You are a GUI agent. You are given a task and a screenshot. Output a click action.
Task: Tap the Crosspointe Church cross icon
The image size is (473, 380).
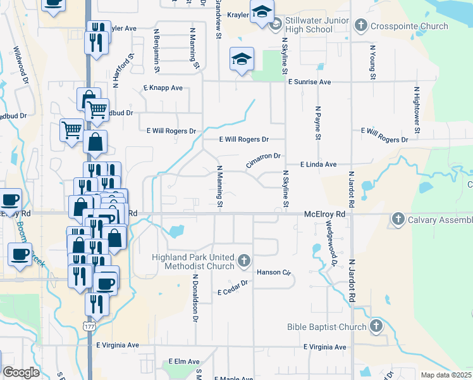click(x=360, y=26)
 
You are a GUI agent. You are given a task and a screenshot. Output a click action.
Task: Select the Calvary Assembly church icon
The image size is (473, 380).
click(x=398, y=219)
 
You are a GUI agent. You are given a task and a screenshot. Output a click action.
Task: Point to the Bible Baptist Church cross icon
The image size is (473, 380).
click(x=376, y=326)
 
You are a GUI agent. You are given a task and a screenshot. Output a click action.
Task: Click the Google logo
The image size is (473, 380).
click(x=21, y=372)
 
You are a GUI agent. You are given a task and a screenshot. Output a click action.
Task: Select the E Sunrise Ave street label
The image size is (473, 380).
click(x=310, y=82)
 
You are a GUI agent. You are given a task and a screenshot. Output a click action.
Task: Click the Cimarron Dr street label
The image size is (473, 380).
click(x=263, y=161)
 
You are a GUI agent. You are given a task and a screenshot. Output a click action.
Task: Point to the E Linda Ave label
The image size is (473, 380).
click(x=319, y=164)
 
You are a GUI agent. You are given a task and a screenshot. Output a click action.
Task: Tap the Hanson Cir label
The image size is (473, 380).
click(x=273, y=273)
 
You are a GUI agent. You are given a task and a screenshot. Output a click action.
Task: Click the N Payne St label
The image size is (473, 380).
click(x=319, y=124)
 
